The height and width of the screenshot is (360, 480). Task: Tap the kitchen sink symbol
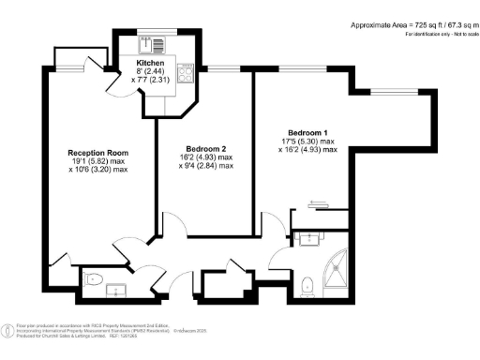151,43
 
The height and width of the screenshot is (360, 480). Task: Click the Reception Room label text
97,152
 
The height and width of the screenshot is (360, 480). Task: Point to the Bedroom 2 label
205,149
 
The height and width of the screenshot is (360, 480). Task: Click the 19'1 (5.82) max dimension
97,161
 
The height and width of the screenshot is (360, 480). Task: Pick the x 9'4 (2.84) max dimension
205,167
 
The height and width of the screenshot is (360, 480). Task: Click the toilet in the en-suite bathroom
308,283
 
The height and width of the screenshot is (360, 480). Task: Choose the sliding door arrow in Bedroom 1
317,201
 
